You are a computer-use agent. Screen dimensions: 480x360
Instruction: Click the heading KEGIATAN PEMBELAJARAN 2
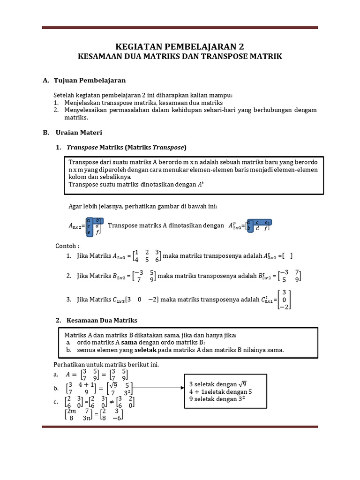pyautogui.click(x=180, y=46)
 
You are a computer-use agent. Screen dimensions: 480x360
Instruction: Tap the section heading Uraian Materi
pyautogui.click(x=79, y=133)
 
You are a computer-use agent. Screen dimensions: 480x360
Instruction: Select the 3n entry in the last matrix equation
pyautogui.click(x=86, y=419)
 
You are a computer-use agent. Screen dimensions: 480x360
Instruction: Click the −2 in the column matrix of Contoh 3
pyautogui.click(x=284, y=307)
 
